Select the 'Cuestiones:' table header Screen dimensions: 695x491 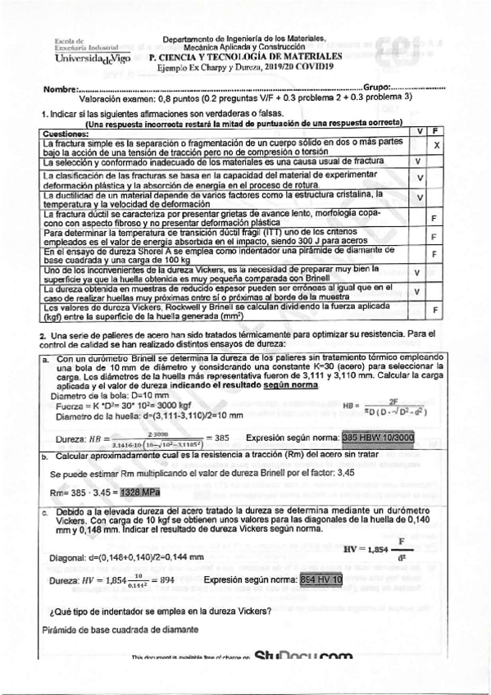[x=66, y=133]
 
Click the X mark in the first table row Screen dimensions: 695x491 [x=437, y=146]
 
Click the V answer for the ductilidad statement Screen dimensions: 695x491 [x=418, y=198]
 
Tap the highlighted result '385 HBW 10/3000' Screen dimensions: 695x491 [x=379, y=438]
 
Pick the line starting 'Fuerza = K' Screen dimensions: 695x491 [x=113, y=406]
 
